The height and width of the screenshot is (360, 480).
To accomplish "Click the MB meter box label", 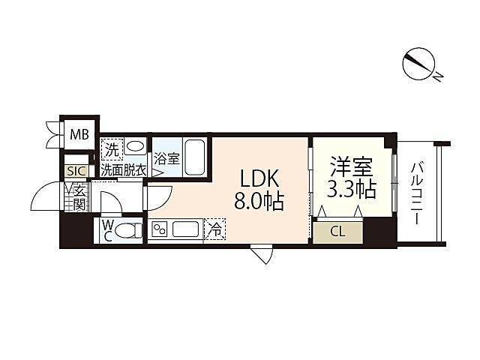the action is pyautogui.click(x=79, y=134).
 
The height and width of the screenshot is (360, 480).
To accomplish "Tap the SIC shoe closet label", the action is pyautogui.click(x=76, y=171).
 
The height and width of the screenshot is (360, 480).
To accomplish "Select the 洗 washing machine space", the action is pyautogui.click(x=112, y=148).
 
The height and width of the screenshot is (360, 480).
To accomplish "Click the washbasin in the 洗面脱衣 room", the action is pyautogui.click(x=136, y=145).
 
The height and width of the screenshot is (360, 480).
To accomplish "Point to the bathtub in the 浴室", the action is pyautogui.click(x=195, y=157).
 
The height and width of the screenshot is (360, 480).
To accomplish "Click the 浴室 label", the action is pyautogui.click(x=166, y=158).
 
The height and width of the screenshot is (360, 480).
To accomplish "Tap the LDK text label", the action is pyautogui.click(x=259, y=178).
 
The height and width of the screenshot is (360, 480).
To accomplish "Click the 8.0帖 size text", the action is pyautogui.click(x=259, y=201).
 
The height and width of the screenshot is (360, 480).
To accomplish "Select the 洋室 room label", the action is pyautogui.click(x=352, y=166).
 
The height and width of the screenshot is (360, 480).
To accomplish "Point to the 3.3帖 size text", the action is pyautogui.click(x=352, y=189).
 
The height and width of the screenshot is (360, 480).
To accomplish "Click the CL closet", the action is pyautogui.click(x=337, y=232).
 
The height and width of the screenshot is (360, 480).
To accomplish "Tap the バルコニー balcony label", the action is pyautogui.click(x=416, y=193).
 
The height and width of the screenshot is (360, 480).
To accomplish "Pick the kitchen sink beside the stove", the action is pyautogui.click(x=185, y=229).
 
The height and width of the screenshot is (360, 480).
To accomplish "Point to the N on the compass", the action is pyautogui.click(x=438, y=77).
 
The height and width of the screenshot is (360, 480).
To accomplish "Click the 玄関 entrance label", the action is pyautogui.click(x=79, y=197).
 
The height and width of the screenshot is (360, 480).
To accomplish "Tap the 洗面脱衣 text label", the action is pyautogui.click(x=124, y=170).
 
